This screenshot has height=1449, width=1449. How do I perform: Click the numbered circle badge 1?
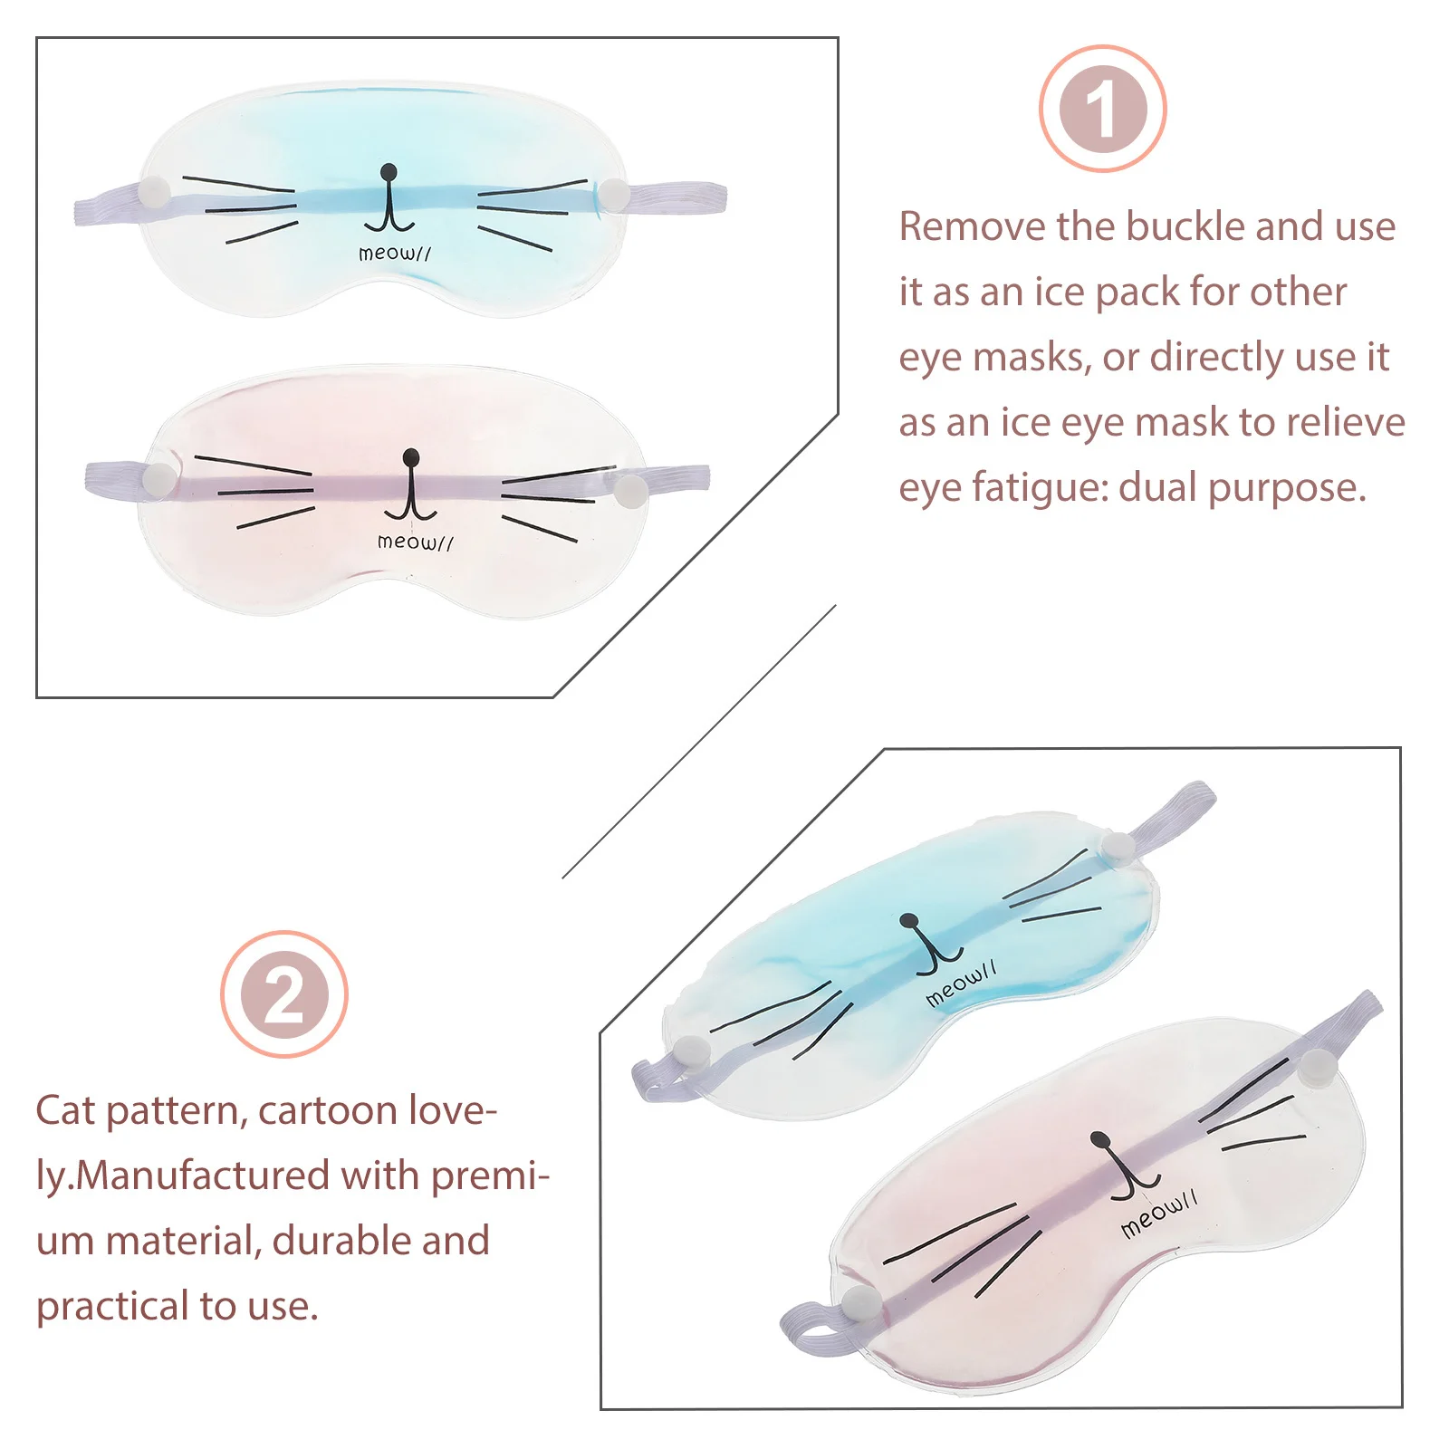(x=1102, y=110)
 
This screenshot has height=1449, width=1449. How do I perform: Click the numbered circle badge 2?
(x=284, y=994)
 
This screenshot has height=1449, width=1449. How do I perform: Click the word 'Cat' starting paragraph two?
(x=65, y=1110)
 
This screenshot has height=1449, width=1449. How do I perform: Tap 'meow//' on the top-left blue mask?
(x=394, y=254)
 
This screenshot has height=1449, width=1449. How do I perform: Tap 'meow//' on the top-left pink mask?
(x=415, y=542)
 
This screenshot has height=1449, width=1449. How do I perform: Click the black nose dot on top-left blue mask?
(x=389, y=171)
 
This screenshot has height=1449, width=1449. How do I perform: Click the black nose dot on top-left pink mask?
(x=411, y=456)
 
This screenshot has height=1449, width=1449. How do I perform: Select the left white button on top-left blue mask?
(x=155, y=192)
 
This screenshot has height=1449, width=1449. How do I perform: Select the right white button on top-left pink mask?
(x=630, y=490)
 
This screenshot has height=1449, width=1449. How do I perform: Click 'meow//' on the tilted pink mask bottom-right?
(x=1158, y=1214)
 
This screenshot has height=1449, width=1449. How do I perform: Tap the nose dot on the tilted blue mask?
(x=909, y=922)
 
